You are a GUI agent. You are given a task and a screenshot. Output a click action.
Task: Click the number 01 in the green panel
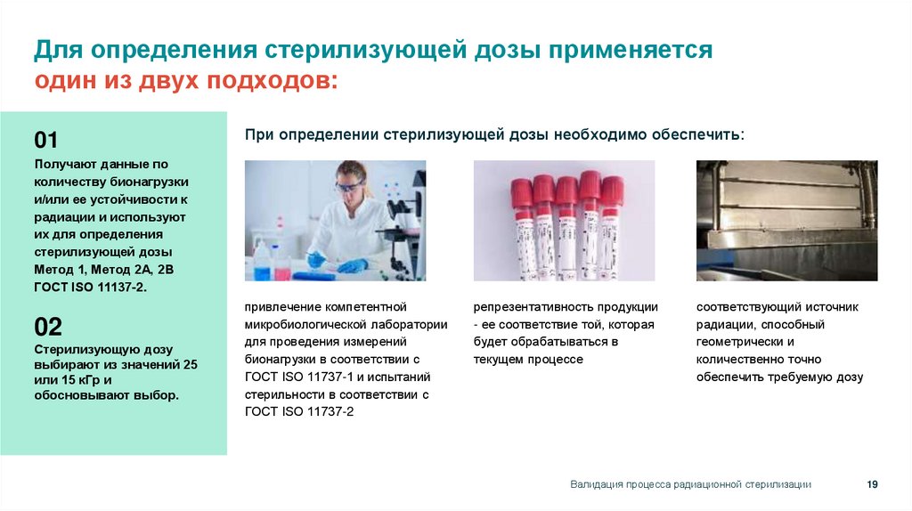coord(46,140)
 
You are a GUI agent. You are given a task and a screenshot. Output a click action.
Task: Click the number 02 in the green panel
coord(48,326)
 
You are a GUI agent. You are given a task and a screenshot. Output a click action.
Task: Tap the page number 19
coord(872,483)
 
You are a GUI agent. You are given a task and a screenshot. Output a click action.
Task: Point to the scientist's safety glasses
coord(349,186)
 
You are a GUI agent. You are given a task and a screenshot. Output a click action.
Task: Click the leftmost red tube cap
coord(521,191)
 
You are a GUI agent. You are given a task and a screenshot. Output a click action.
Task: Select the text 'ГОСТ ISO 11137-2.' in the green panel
coord(89,288)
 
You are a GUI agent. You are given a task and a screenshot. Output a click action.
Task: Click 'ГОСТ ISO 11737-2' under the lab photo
coord(299,411)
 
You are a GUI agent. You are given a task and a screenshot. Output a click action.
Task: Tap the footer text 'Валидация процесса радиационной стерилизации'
coord(690,484)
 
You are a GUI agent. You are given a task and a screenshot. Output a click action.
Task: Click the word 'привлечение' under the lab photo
coord(278,306)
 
